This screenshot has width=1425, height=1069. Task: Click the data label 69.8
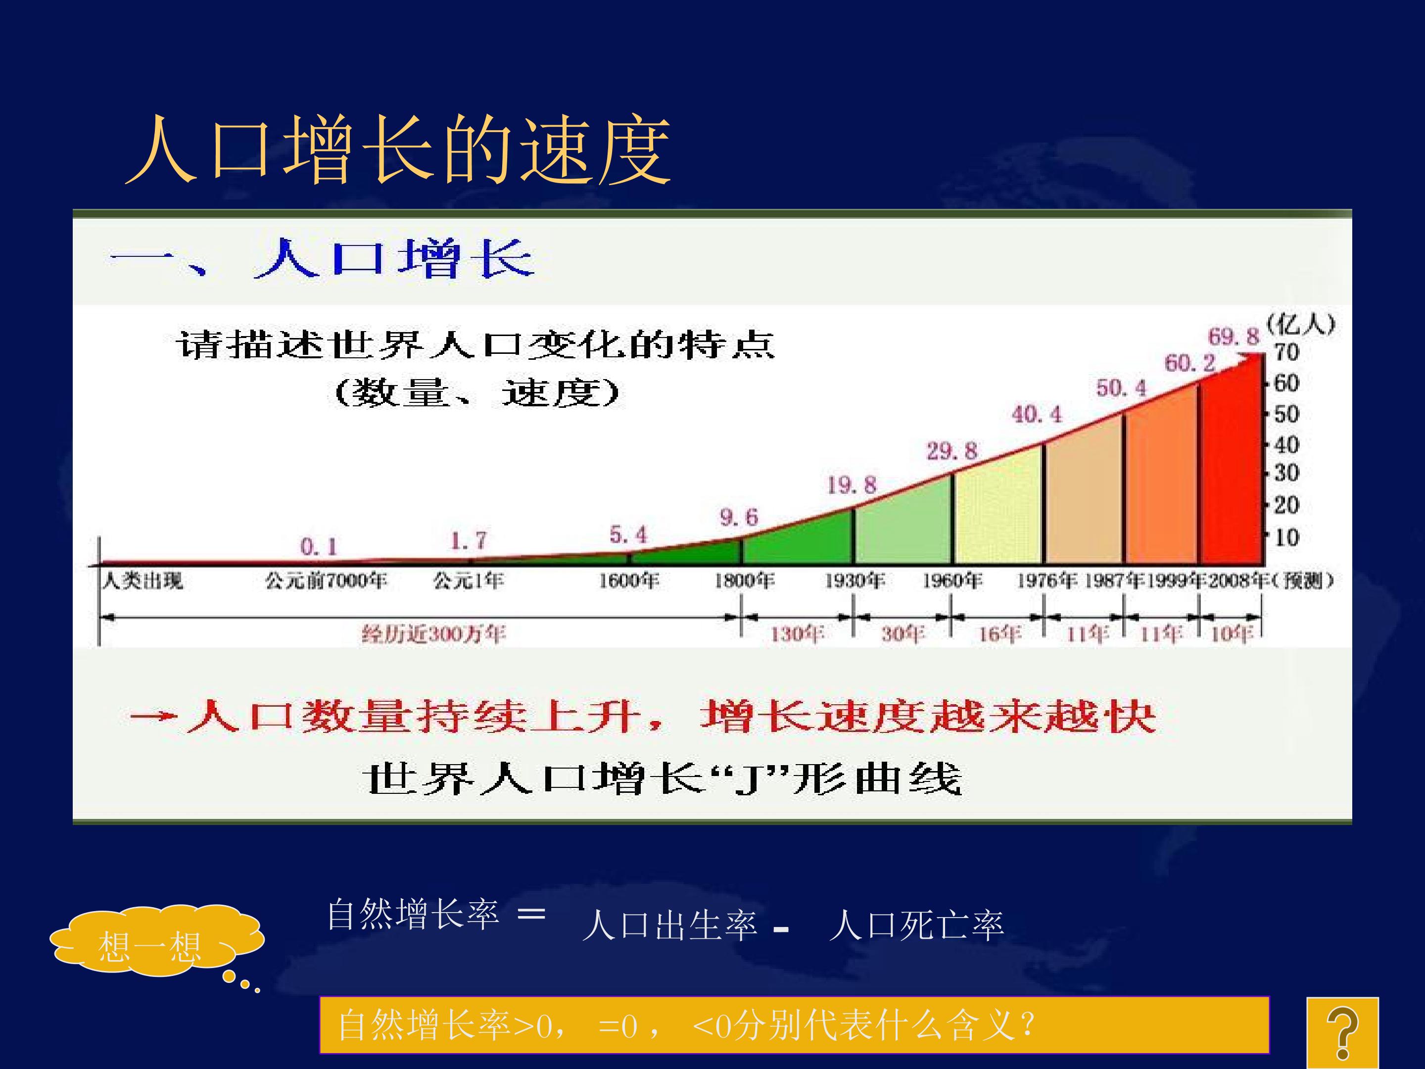[1233, 337]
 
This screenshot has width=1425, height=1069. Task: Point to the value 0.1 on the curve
[318, 547]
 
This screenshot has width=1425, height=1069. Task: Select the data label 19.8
[852, 485]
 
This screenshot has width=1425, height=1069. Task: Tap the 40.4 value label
[1037, 414]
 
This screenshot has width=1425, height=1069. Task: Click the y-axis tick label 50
[1286, 414]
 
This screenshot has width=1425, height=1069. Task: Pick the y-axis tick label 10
[1286, 537]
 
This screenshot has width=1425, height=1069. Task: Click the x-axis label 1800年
[744, 581]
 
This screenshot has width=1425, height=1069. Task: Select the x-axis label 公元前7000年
[326, 581]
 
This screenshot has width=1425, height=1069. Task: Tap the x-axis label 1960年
[952, 581]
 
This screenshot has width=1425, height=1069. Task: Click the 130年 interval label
[797, 634]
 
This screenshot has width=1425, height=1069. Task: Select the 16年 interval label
[1000, 634]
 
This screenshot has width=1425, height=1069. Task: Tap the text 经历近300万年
[433, 634]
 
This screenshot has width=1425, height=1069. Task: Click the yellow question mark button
[1342, 1033]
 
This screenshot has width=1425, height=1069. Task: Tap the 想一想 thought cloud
[156, 942]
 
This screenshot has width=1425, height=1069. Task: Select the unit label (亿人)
[1300, 324]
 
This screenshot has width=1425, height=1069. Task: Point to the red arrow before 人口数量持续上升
[153, 716]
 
